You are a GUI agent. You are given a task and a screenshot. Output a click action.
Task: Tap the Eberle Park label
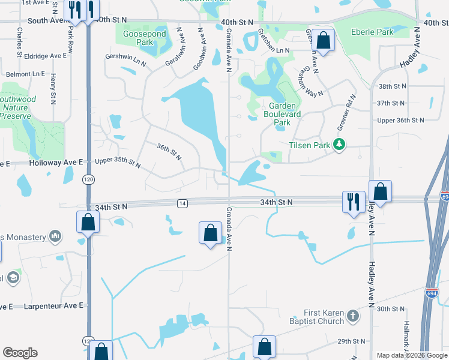tap(373, 32)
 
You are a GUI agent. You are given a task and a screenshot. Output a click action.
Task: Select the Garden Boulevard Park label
tap(279, 114)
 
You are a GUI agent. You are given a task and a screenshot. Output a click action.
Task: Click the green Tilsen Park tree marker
tap(340, 144)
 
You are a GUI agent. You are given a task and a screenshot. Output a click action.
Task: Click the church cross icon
tap(354, 316)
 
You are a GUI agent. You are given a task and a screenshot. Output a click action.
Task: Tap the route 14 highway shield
tap(181, 204)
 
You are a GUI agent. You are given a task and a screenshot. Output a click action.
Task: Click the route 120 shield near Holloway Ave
tap(88, 179)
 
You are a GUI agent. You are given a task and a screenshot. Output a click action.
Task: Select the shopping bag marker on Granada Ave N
tap(210, 233)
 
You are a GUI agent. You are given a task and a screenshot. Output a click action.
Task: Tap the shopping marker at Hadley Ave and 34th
tap(380, 191)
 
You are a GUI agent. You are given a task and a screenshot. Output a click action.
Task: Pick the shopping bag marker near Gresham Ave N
tap(323, 40)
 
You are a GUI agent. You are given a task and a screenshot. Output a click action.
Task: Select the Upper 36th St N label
tap(400, 120)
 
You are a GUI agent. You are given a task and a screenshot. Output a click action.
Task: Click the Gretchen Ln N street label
tap(274, 51)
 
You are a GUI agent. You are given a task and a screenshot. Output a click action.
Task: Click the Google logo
tap(20, 353)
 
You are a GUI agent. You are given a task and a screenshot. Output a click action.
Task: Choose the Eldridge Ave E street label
tap(45, 56)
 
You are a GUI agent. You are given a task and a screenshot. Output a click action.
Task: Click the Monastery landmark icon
tap(55, 235)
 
